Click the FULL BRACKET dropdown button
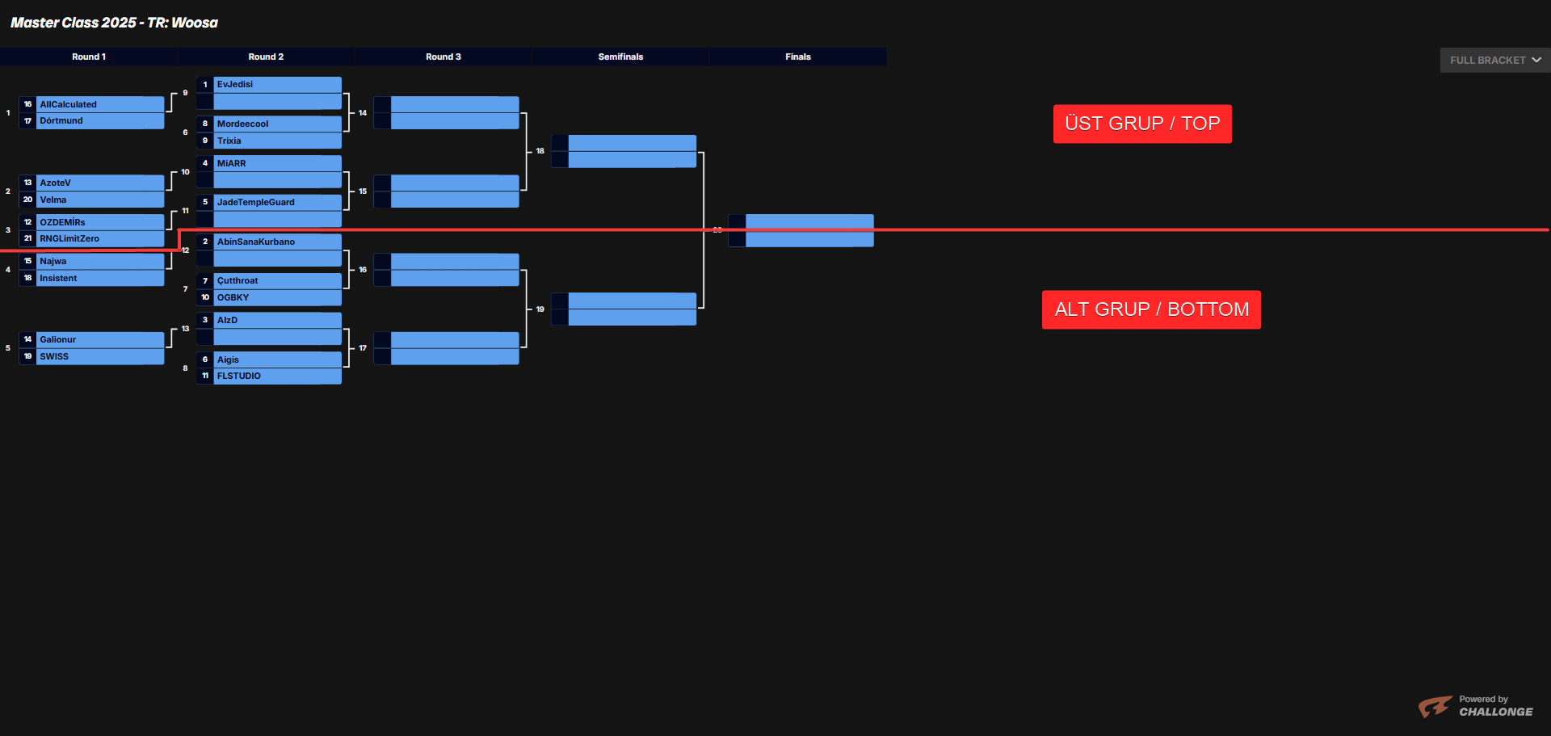click(x=1494, y=61)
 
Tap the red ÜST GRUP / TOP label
click(x=1142, y=124)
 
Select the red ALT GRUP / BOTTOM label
click(x=1151, y=309)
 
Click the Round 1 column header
click(x=89, y=57)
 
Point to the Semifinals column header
click(x=620, y=57)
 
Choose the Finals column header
click(x=797, y=57)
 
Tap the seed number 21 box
click(x=28, y=239)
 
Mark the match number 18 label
click(x=540, y=151)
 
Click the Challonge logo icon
click(x=1435, y=707)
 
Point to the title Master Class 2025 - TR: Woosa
click(x=114, y=23)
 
